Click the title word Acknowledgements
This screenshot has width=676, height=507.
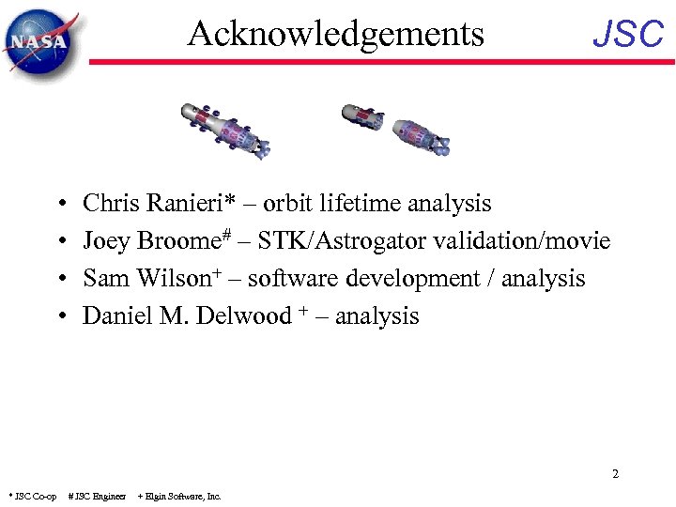335,34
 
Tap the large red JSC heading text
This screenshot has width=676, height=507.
628,36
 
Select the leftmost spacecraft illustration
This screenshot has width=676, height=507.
225,130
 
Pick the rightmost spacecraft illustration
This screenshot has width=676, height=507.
422,136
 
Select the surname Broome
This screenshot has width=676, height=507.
177,241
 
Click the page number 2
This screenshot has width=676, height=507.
615,474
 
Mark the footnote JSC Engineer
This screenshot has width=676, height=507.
99,496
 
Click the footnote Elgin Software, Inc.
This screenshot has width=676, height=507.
181,496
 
